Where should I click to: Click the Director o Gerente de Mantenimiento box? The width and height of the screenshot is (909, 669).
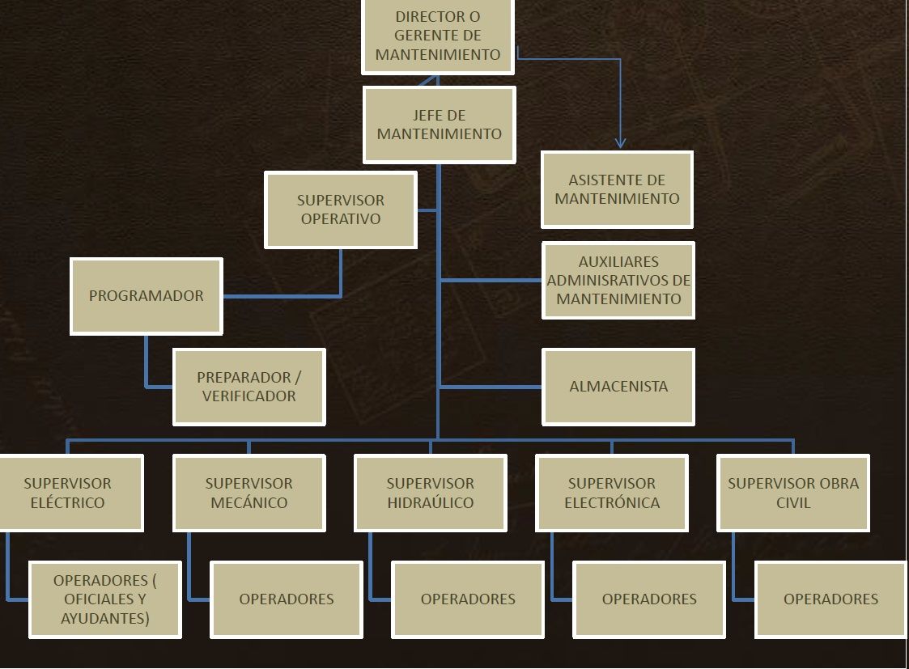pyautogui.click(x=438, y=36)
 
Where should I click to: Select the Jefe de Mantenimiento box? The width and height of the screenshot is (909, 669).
pyautogui.click(x=439, y=125)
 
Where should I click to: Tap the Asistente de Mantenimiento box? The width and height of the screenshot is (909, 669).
pyautogui.click(x=617, y=189)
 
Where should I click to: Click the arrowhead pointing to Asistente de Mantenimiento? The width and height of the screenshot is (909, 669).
pyautogui.click(x=620, y=143)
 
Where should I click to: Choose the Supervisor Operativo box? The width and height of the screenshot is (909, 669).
pyautogui.click(x=341, y=210)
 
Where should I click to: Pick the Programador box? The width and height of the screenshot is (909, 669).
pyautogui.click(x=147, y=296)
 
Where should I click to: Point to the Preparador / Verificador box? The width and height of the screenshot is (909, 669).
pyautogui.click(x=249, y=387)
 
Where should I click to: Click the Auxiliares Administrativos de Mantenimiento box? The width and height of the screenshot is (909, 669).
pyautogui.click(x=618, y=280)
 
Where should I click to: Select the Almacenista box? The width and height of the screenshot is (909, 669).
pyautogui.click(x=618, y=387)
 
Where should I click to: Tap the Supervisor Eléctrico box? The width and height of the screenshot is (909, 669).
pyautogui.click(x=70, y=493)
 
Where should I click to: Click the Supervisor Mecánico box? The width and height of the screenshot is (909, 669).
pyautogui.click(x=249, y=493)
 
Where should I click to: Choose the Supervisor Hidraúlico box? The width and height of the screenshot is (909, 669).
pyautogui.click(x=431, y=493)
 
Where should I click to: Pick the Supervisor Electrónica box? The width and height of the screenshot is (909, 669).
pyautogui.click(x=612, y=493)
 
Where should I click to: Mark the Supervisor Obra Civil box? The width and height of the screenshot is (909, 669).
pyautogui.click(x=793, y=493)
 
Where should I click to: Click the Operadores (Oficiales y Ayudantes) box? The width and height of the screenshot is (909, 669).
pyautogui.click(x=105, y=599)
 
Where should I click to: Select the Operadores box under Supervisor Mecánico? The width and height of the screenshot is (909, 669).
pyautogui.click(x=287, y=599)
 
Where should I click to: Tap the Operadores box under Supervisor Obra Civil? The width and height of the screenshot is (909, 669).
pyautogui.click(x=830, y=599)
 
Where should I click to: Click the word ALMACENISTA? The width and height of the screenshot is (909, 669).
pyautogui.click(x=618, y=387)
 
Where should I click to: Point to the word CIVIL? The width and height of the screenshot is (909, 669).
pyautogui.click(x=793, y=503)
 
